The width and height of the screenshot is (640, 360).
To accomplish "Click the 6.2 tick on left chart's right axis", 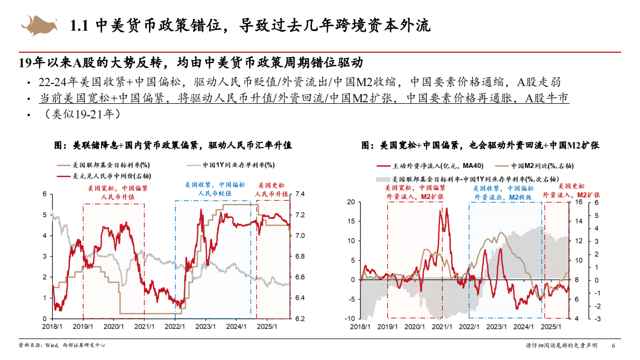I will pyautogui.click(x=300, y=319).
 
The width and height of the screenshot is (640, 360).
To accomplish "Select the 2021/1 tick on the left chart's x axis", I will pyautogui.click(x=144, y=325).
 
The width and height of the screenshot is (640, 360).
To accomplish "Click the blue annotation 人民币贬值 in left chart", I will pyautogui.click(x=214, y=193).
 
